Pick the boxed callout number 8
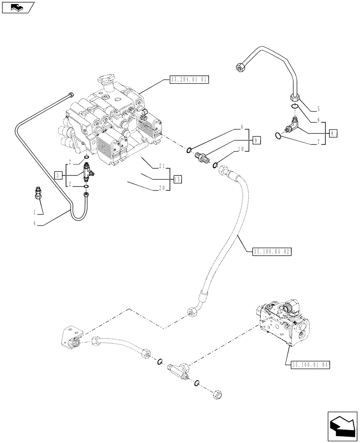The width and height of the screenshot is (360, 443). [333, 132]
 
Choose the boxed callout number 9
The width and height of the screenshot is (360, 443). [257, 140]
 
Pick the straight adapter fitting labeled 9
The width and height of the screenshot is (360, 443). [202, 157]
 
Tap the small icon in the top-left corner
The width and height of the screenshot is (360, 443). [18, 8]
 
